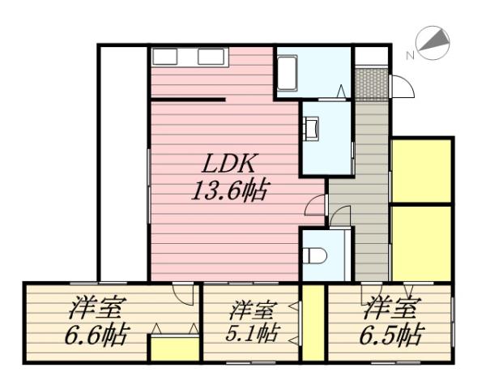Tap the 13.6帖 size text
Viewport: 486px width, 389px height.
coord(230,193)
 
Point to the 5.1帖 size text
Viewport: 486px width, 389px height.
coord(251,334)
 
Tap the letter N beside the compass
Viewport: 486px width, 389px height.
coord(410,55)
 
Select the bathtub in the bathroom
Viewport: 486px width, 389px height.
coord(289,74)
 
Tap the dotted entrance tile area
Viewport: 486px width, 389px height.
coord(372,83)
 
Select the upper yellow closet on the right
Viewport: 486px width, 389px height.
coord(420,170)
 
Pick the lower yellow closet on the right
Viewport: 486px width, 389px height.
coord(420,242)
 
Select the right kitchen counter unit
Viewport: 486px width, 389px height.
coord(212,57)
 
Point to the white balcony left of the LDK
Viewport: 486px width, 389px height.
coord(123,162)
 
